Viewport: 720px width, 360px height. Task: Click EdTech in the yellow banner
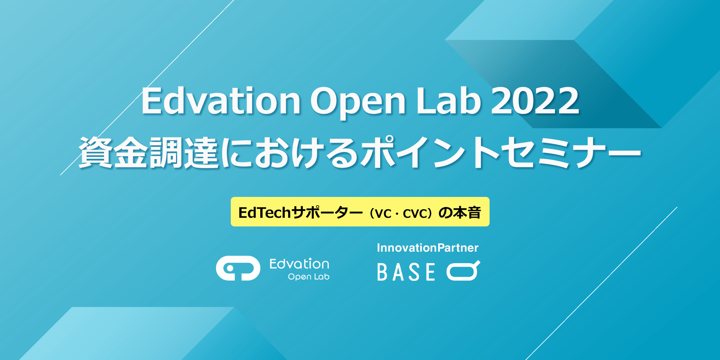pos(265,212)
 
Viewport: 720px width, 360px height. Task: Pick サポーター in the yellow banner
pos(327,212)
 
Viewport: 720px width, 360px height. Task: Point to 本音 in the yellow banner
pos(467,212)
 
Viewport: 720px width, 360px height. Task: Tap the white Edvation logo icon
pos(238,268)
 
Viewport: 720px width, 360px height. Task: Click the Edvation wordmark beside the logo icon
pos(299,264)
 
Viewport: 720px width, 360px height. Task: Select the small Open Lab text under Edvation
pos(309,276)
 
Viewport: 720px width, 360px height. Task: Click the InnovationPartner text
pos(428,248)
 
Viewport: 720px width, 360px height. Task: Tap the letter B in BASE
pos(382,272)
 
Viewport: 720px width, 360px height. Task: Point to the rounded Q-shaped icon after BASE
pos(463,270)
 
